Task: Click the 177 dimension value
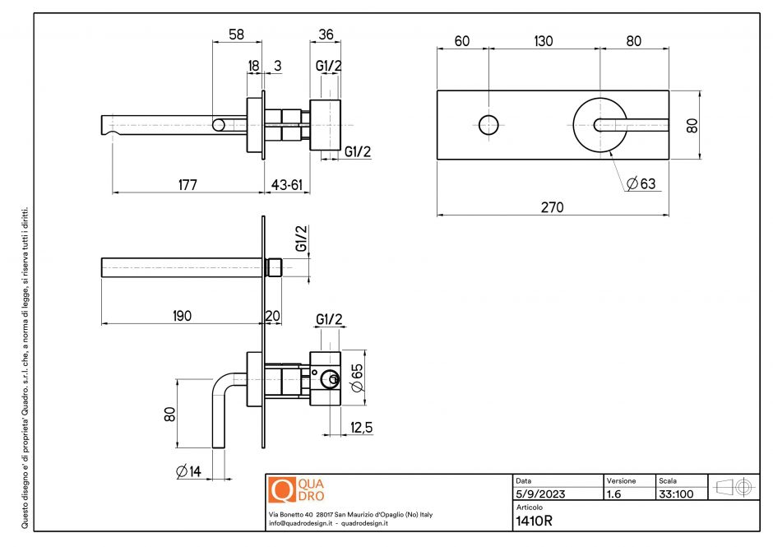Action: pos(187,185)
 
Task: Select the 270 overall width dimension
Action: pos(553,208)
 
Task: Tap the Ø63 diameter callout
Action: pos(641,183)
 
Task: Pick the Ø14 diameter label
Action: pos(190,471)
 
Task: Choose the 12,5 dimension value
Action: pos(361,428)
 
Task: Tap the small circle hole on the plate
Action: pos(488,125)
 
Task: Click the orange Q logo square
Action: pos(281,490)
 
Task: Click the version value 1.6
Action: pos(613,494)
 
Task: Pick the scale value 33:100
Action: pos(675,494)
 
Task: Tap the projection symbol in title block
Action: pos(734,487)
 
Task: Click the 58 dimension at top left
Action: pos(237,35)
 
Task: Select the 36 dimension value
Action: pos(325,35)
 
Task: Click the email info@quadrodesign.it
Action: pos(299,523)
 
